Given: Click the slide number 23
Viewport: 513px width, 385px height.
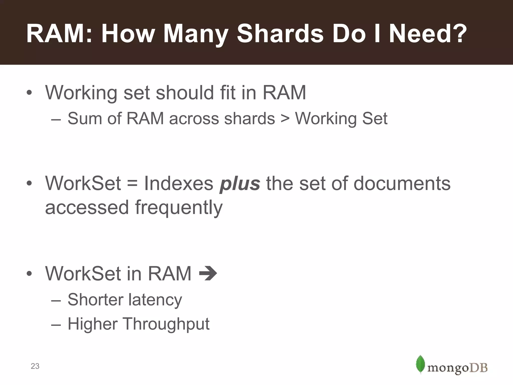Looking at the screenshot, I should [x=35, y=366].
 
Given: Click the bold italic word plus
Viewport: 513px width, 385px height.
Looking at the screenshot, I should [x=240, y=183].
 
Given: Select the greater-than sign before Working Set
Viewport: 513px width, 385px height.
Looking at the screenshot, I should [x=285, y=119].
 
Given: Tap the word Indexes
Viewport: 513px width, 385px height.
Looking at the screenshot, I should [x=178, y=183].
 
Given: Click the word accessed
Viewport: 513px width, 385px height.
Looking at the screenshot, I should [x=87, y=208].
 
